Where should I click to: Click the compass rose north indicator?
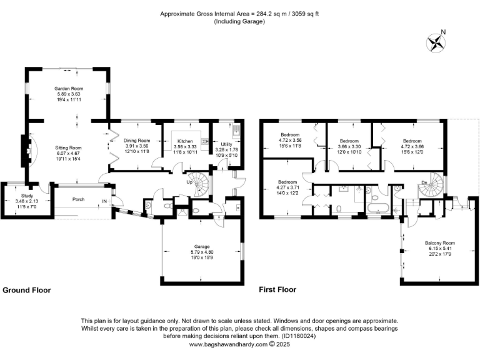pos(436,41)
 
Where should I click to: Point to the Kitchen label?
pos(185,141)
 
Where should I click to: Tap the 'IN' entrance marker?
pos(104,201)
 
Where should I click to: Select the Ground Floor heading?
pos(27,290)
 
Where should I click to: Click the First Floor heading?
pos(277,290)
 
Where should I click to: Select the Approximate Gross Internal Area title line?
pos(240,13)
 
